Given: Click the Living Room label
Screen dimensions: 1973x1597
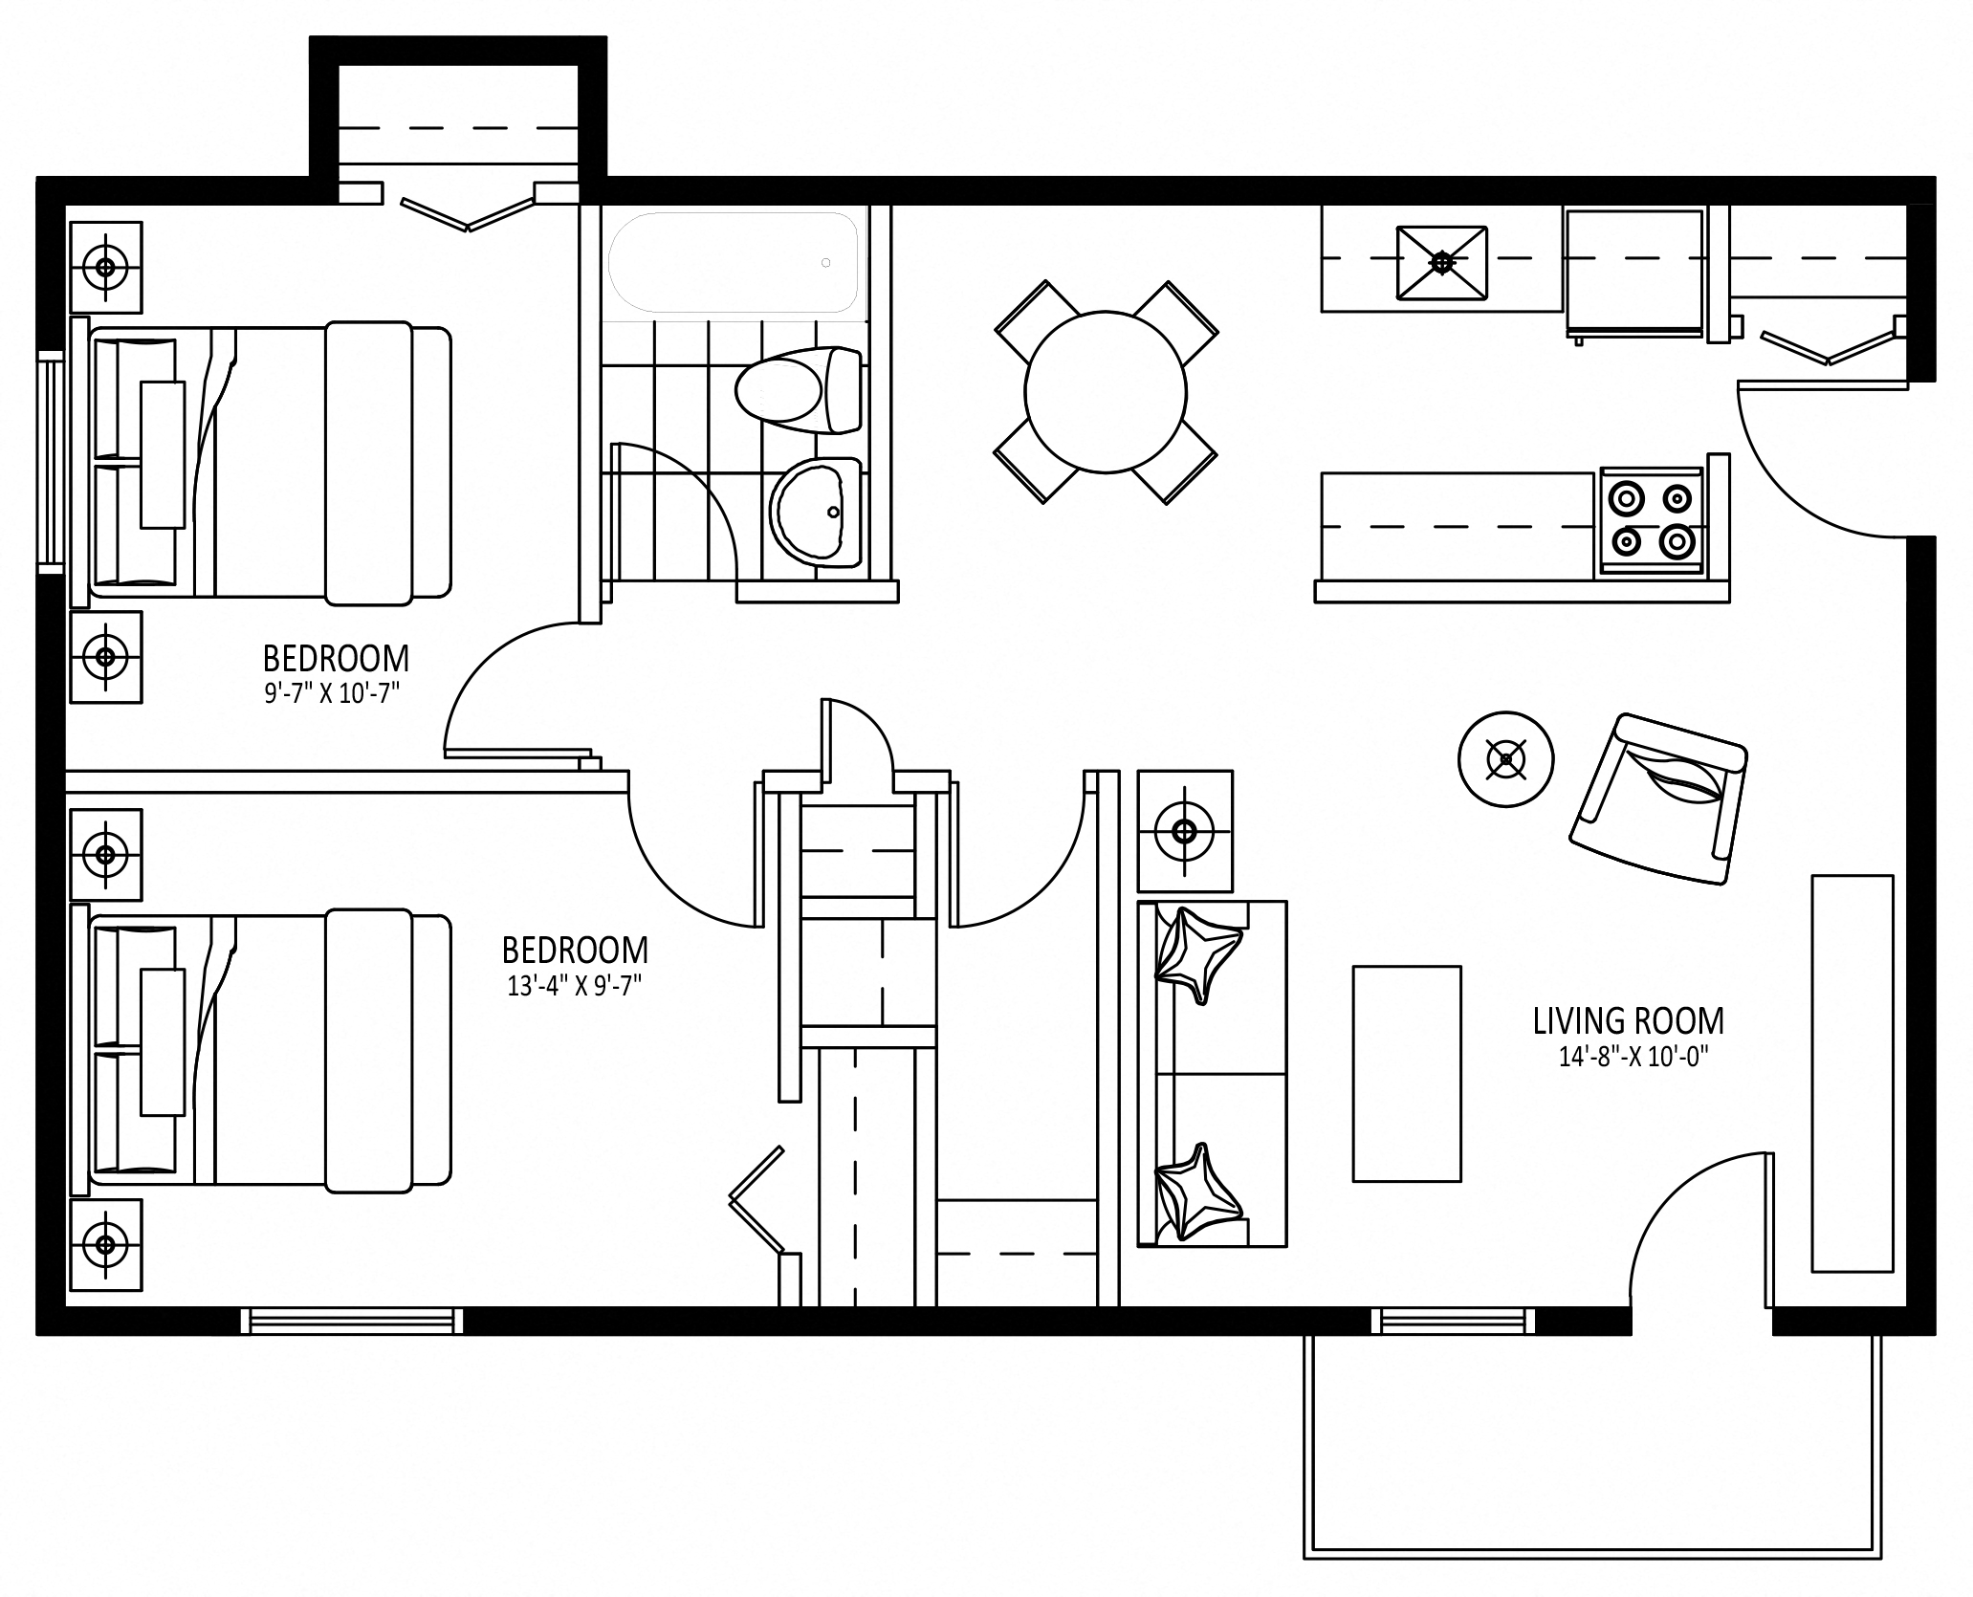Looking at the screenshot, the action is point(1628,1020).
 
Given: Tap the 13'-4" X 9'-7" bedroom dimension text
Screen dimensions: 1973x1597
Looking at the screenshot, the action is point(574,986).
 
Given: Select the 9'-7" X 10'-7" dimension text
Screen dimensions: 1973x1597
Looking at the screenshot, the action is point(332,693).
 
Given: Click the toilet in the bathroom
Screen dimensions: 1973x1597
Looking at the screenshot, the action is point(799,389).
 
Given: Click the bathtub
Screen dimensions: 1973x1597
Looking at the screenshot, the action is point(734,262).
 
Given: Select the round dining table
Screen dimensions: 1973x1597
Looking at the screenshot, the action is point(1106,392).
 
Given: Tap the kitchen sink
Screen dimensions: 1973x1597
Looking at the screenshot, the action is point(1441,262).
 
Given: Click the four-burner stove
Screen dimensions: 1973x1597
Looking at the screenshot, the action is point(1651,522).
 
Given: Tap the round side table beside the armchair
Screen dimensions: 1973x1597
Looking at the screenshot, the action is point(1505,759).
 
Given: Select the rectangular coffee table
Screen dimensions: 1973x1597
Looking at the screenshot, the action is point(1406,1074).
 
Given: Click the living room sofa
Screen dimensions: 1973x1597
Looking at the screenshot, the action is point(1212,1073).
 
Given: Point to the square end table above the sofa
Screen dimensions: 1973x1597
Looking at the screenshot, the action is point(1185,832).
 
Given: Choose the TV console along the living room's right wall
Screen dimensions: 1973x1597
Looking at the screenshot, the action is point(1852,1073).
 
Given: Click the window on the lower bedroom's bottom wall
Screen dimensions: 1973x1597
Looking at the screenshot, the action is point(352,1321).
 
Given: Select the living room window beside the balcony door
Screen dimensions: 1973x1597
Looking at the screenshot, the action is point(1453,1321).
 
